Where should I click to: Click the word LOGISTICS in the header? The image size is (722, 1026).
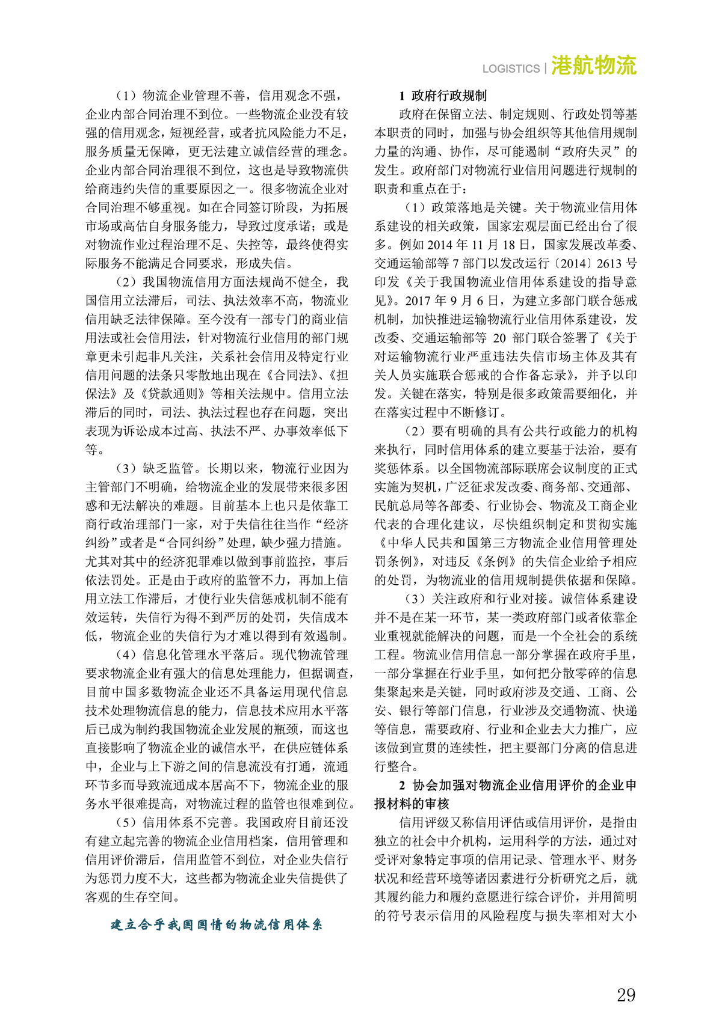[x=511, y=69]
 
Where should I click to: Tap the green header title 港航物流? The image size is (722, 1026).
[x=593, y=66]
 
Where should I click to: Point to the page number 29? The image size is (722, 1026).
[x=626, y=995]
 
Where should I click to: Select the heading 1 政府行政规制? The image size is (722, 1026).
[x=443, y=96]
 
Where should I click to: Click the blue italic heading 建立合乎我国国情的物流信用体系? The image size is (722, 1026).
[x=217, y=924]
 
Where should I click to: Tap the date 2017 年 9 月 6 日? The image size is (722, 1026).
[x=457, y=301]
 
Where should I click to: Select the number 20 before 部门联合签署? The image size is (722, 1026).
[x=499, y=338]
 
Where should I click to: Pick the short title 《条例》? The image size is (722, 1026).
[x=496, y=561]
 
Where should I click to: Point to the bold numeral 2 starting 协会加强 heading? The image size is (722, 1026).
[x=403, y=785]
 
